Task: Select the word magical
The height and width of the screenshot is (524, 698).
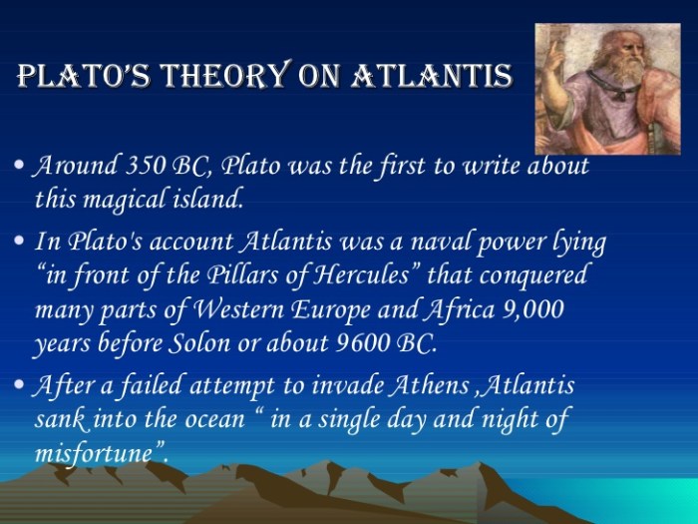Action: pos(127,199)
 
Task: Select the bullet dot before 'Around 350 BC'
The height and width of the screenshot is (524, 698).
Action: pos(22,167)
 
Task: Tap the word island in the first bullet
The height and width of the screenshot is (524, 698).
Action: pos(205,199)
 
